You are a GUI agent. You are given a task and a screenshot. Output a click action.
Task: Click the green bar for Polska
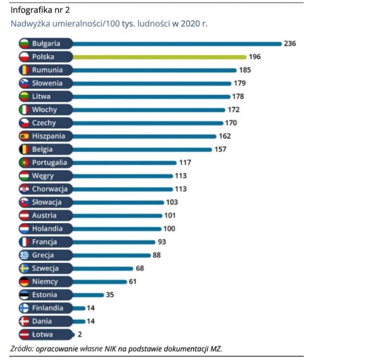click(x=161, y=57)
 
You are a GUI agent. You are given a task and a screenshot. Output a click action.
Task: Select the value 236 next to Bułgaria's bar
click(x=290, y=44)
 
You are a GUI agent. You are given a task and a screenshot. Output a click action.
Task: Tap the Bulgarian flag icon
click(x=25, y=44)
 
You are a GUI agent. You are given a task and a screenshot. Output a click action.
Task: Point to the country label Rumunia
click(x=47, y=70)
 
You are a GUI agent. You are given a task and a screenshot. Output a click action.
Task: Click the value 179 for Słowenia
click(x=240, y=83)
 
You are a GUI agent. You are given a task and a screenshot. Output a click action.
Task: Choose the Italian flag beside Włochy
click(x=25, y=110)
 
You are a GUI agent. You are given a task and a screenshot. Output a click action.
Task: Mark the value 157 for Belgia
click(x=220, y=150)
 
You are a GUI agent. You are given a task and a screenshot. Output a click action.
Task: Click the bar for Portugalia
click(x=124, y=163)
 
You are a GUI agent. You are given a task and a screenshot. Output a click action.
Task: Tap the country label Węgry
click(x=43, y=176)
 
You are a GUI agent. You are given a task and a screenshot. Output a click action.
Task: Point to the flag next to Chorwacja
click(x=25, y=189)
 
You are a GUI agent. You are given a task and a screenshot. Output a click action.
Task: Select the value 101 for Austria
click(x=171, y=216)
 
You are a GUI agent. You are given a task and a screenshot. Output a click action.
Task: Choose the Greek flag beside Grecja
click(x=25, y=255)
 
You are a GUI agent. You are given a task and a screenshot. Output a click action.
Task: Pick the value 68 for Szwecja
click(x=140, y=269)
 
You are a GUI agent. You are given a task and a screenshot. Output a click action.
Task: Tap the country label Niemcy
click(x=45, y=282)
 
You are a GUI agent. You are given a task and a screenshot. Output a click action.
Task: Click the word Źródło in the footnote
click(x=21, y=349)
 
